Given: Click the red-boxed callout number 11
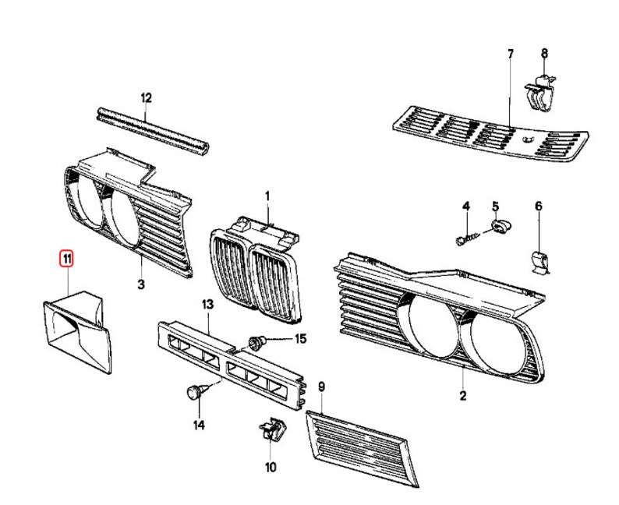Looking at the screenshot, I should pos(68,257).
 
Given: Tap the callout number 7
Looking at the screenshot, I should pos(511,54).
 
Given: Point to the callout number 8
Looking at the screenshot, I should pos(545,53).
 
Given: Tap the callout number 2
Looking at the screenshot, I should pos(462,397).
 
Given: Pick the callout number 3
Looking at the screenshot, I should pos(141,285).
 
